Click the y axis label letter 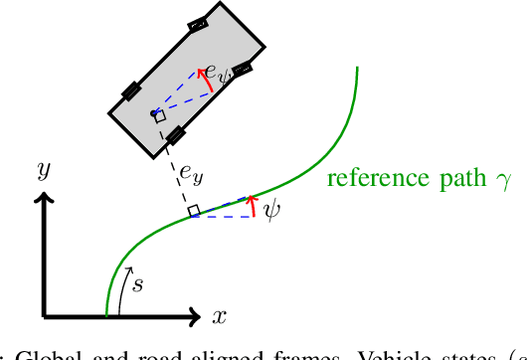coord(44,171)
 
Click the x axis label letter coord(220,316)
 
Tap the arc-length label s coord(137,285)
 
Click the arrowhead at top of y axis coord(44,200)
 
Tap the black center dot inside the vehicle coord(154,113)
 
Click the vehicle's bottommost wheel coord(175,135)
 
